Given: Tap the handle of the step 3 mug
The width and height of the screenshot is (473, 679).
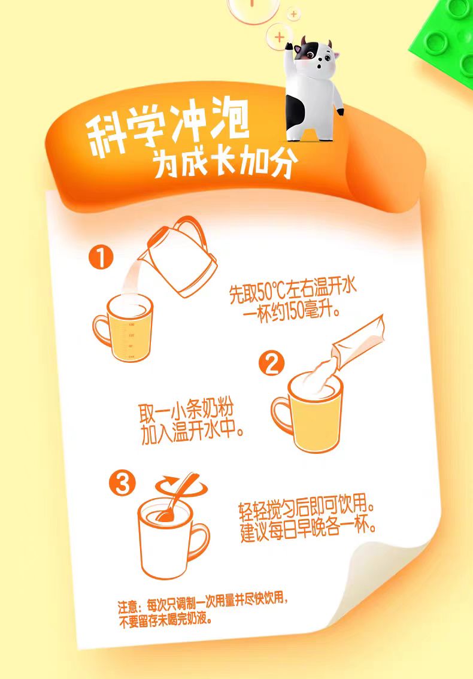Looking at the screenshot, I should [199, 541].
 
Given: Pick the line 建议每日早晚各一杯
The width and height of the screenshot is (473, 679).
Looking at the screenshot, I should [308, 531].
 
